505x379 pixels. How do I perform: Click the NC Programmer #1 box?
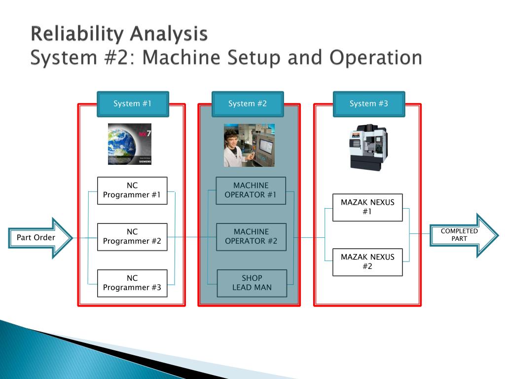pos(132,190)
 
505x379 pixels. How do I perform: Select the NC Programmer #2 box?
pos(132,237)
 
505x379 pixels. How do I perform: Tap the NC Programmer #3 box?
pos(132,283)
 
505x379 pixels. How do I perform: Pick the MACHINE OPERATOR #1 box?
pos(251,190)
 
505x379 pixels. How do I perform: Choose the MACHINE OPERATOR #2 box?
pos(251,237)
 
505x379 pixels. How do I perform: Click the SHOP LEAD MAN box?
pos(252,283)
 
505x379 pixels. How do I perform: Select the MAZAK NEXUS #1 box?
pos(367,207)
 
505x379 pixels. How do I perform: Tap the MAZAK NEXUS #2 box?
pos(367,262)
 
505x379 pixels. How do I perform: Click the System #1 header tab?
pos(133,104)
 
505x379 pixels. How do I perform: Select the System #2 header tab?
pos(248,104)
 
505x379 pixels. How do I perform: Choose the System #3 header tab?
pos(369,104)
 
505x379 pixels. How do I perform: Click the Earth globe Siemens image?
pos(130,144)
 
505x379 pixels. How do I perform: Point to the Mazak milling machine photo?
pos(368,147)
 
